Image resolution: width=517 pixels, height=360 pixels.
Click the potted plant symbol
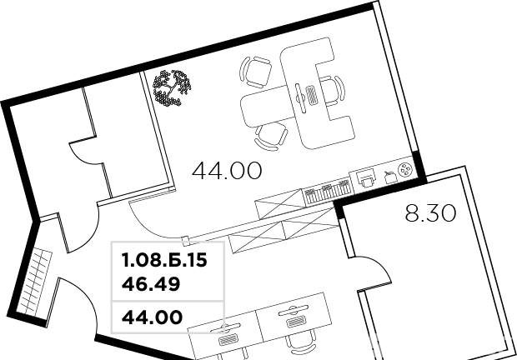click(172, 88)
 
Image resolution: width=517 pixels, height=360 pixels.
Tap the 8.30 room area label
click(430, 213)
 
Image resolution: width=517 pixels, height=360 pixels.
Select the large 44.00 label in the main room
click(227, 171)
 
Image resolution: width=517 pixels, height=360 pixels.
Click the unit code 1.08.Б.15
click(164, 260)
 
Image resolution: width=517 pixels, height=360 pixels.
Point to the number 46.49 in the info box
click(151, 284)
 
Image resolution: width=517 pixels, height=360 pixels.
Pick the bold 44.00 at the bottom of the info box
click(152, 317)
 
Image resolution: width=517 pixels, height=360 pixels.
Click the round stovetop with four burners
click(405, 169)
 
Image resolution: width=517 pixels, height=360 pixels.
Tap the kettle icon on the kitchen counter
click(391, 177)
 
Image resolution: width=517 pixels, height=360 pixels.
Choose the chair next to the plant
click(256, 72)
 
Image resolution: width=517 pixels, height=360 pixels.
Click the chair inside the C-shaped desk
click(333, 91)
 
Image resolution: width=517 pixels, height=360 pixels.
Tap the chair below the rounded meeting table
click(271, 137)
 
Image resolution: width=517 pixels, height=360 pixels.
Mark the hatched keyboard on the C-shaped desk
click(312, 96)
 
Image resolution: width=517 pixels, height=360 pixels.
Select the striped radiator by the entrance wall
click(35, 282)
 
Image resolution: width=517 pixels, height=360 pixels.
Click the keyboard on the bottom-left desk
click(228, 339)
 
